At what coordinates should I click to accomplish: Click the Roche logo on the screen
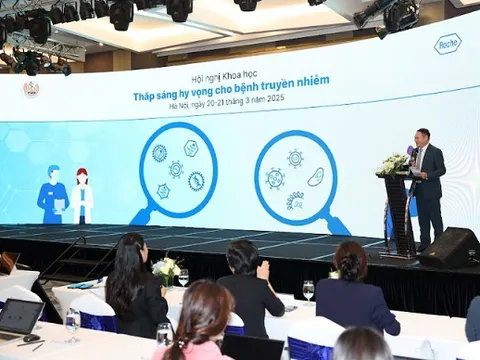448,43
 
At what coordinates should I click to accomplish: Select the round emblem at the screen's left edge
32,89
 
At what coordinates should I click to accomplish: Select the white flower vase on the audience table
166,271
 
